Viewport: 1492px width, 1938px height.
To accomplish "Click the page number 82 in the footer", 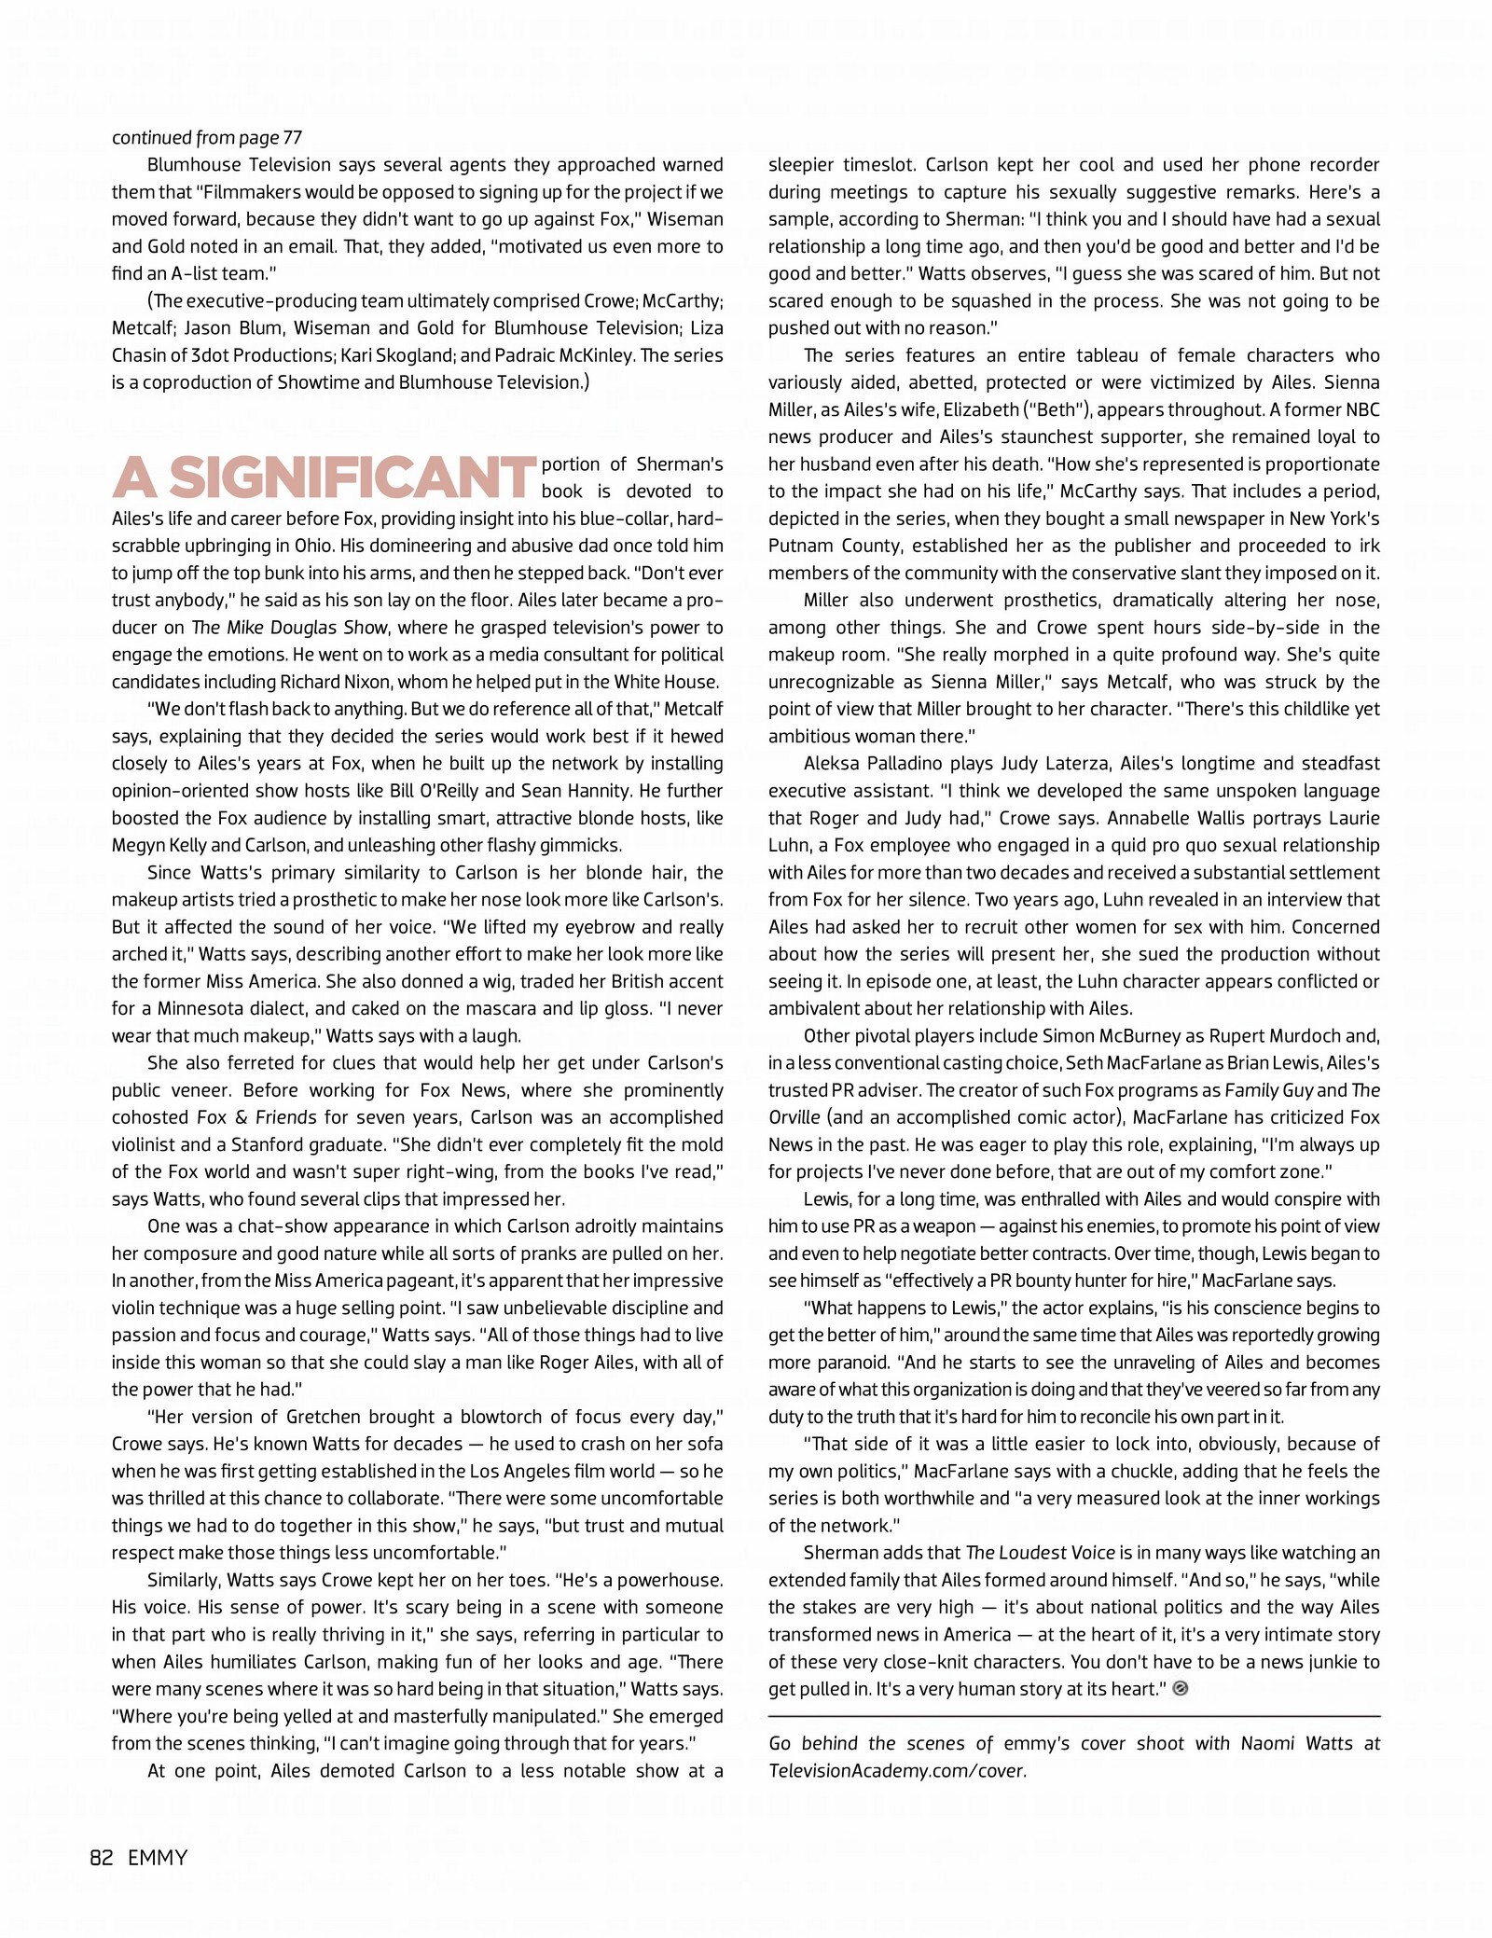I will pyautogui.click(x=101, y=1859).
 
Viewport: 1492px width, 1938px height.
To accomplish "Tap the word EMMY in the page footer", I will pyautogui.click(x=158, y=1859).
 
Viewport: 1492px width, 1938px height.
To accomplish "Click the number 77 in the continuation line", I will pyautogui.click(x=292, y=138).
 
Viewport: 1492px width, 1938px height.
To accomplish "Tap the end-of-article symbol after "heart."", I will pyautogui.click(x=1180, y=1689).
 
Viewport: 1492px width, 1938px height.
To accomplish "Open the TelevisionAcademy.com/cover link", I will pyautogui.click(x=896, y=1771).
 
